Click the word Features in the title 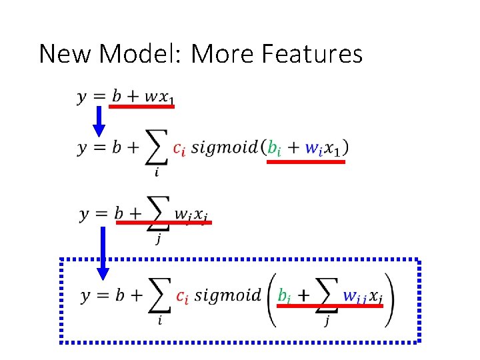(313, 53)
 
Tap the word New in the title (66, 53)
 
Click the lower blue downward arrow (103, 254)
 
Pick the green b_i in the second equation (274, 148)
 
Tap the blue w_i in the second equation (313, 148)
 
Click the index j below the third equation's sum (158, 239)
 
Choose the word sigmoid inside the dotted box (229, 295)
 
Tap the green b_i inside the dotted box (284, 295)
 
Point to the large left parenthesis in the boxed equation (272, 296)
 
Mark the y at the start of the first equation (83, 97)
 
